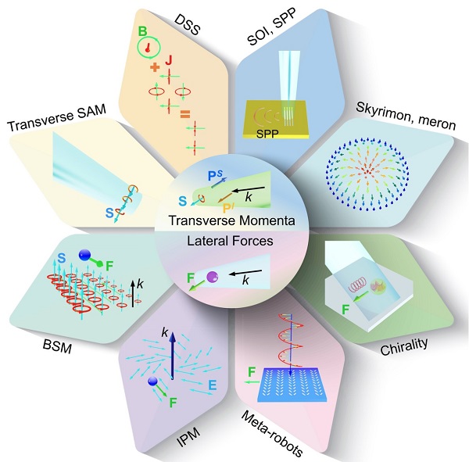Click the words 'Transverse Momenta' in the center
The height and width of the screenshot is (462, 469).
(x=234, y=221)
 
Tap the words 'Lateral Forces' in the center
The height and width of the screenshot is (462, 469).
(x=234, y=241)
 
